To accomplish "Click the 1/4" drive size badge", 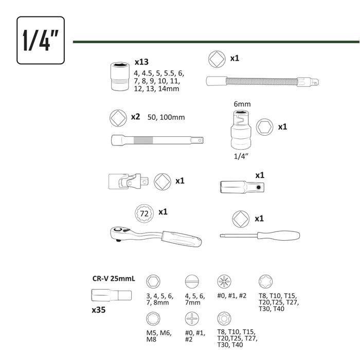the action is pyautogui.click(x=41, y=40).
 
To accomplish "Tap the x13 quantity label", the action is pyautogui.click(x=141, y=62).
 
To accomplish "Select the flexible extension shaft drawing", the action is pyautogui.click(x=262, y=81).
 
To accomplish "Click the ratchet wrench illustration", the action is pyautogui.click(x=156, y=237).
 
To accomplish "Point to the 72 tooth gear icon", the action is pyautogui.click(x=144, y=213).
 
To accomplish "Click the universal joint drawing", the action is pyautogui.click(x=129, y=182).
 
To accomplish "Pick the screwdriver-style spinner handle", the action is pyautogui.click(x=260, y=236).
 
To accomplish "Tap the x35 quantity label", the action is pyautogui.click(x=99, y=310).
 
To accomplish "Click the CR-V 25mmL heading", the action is pyautogui.click(x=114, y=279).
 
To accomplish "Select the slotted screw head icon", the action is pyautogui.click(x=192, y=281).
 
